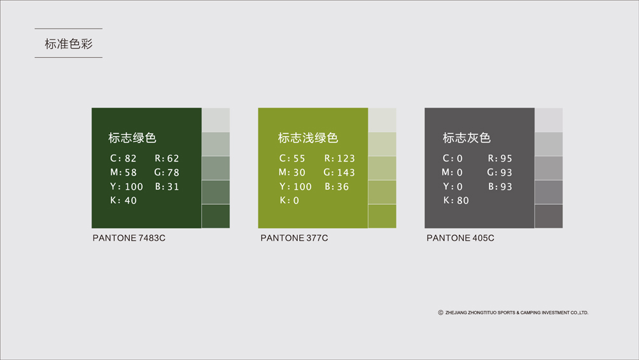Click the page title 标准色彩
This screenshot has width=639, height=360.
[x=69, y=44]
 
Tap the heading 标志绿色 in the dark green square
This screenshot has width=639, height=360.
[x=132, y=137]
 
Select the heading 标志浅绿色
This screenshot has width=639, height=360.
[x=308, y=137]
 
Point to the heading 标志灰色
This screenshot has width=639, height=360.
[x=467, y=137]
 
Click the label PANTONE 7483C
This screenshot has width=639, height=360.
[x=129, y=238]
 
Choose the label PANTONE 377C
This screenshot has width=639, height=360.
[x=294, y=238]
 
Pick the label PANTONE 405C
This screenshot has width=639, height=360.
[x=460, y=238]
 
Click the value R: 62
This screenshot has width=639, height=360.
[x=167, y=158]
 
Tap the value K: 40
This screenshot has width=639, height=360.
[x=123, y=200]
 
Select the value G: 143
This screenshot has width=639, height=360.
[x=339, y=172]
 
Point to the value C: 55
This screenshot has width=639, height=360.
[x=292, y=158]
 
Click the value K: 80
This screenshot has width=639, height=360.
[x=456, y=200]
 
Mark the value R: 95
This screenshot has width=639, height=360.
[x=500, y=158]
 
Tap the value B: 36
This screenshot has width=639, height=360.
[x=337, y=186]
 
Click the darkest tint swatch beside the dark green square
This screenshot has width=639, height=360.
[x=216, y=216]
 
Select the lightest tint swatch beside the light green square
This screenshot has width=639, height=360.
[x=383, y=120]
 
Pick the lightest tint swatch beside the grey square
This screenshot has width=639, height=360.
[x=549, y=120]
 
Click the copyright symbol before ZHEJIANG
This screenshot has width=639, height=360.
[x=440, y=313]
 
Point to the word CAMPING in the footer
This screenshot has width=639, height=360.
[x=530, y=313]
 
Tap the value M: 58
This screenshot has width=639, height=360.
[x=123, y=172]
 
